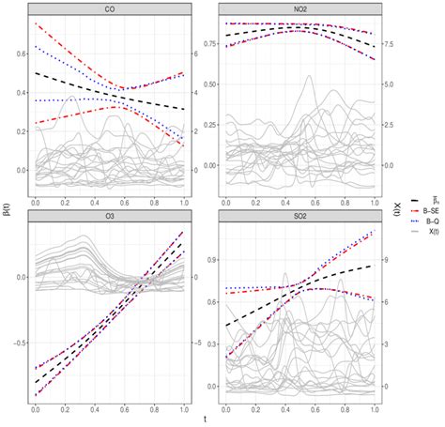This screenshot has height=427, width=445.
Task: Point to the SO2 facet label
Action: pyautogui.click(x=299, y=217)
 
